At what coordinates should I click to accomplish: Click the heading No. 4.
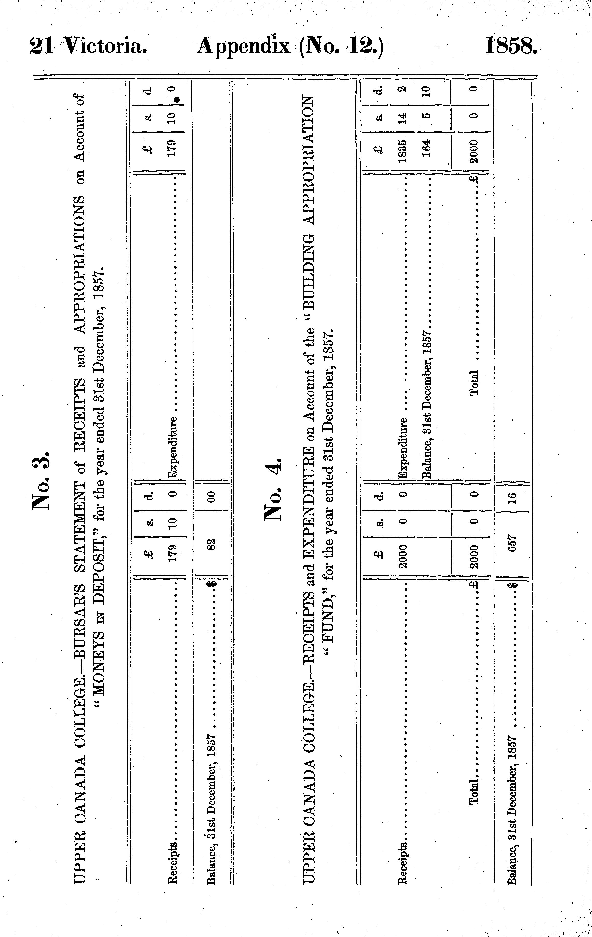(x=273, y=489)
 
